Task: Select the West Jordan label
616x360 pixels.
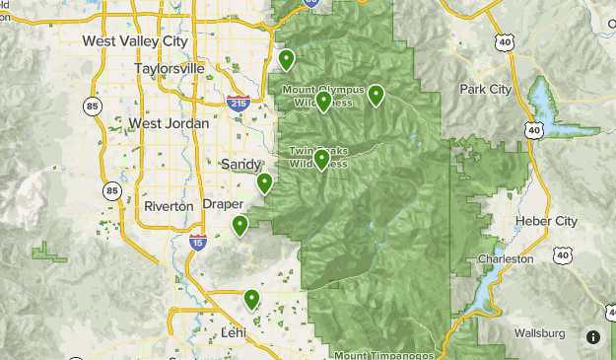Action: (x=169, y=123)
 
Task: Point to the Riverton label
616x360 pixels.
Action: (x=169, y=206)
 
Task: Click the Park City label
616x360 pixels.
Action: (x=485, y=89)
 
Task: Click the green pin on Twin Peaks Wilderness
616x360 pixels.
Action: (x=320, y=160)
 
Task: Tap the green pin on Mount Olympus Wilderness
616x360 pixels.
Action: (x=323, y=101)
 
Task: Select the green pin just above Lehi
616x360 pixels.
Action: (x=251, y=299)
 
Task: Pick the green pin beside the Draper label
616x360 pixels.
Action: (x=240, y=226)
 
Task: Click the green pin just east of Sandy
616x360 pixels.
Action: (x=264, y=182)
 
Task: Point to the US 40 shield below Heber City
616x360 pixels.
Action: (x=563, y=254)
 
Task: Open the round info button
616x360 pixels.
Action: (x=593, y=337)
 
